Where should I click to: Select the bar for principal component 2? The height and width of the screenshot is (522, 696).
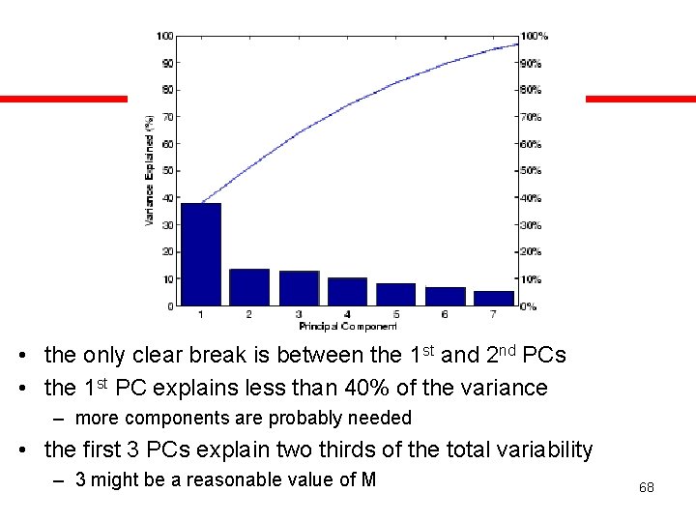(x=249, y=287)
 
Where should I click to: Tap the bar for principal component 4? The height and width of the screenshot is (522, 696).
(x=347, y=292)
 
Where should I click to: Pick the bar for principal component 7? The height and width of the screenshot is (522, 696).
(x=494, y=299)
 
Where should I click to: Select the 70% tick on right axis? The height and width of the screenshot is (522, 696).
(x=532, y=117)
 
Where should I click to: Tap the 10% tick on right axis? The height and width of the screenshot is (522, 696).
(x=532, y=279)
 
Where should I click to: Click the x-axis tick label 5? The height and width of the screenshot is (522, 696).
(x=396, y=315)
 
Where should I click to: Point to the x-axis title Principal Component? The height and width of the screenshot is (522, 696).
(x=348, y=327)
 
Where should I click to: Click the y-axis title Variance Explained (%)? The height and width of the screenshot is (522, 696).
(x=150, y=170)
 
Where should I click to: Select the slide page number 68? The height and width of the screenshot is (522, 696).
(x=646, y=487)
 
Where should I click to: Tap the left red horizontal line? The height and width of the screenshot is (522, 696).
(x=64, y=99)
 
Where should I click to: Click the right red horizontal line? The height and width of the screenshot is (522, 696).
(x=640, y=99)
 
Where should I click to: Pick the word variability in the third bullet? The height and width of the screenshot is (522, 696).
(x=541, y=449)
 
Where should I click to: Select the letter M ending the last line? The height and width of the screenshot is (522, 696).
(x=367, y=479)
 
